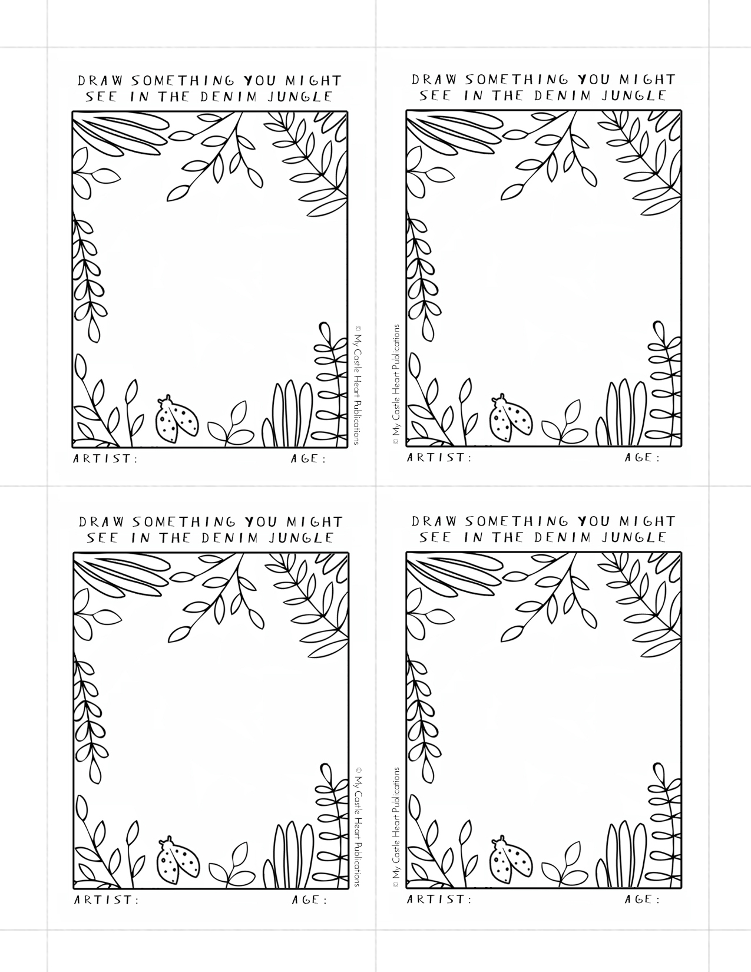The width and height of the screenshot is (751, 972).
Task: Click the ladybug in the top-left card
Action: click(x=177, y=419)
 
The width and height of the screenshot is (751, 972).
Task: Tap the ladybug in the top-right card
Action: click(x=511, y=418)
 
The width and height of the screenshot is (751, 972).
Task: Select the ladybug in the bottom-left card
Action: click(x=177, y=859)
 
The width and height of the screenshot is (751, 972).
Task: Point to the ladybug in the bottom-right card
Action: click(x=511, y=859)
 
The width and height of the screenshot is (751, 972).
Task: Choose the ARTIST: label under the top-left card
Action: click(x=105, y=458)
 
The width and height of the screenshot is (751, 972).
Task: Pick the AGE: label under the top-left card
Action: click(x=308, y=458)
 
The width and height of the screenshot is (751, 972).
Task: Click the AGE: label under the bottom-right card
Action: click(x=642, y=898)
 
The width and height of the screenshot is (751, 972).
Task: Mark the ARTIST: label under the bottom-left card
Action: click(x=107, y=900)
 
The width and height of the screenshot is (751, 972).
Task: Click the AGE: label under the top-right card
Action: click(x=642, y=457)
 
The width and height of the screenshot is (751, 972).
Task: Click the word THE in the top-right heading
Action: click(x=508, y=95)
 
